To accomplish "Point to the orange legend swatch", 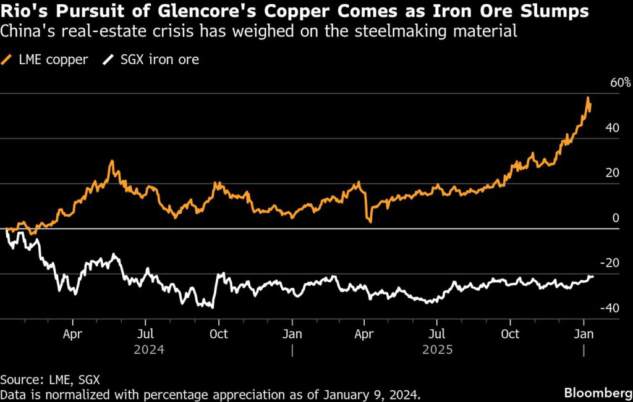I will tap(7, 60).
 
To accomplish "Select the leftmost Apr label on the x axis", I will tap(72, 334).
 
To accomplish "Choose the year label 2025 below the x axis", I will tap(438, 350).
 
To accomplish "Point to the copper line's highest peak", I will tap(588, 98).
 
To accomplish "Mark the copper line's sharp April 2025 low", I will tap(370, 220).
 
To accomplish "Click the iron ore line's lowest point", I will tap(213, 307).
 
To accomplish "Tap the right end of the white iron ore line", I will tap(593, 277).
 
